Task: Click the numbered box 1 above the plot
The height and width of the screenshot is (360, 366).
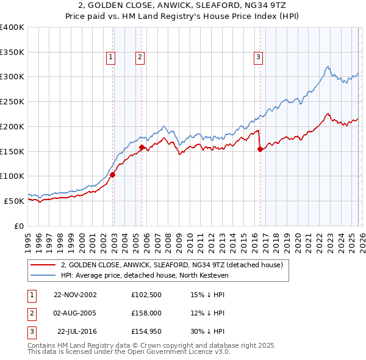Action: pyautogui.click(x=110, y=57)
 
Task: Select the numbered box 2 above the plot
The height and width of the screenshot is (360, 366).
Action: pyautogui.click(x=140, y=57)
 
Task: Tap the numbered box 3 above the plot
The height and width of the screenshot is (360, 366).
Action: pyautogui.click(x=258, y=57)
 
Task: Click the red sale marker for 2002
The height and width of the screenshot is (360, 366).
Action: pyautogui.click(x=113, y=175)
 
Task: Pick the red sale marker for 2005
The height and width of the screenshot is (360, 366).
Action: pyautogui.click(x=142, y=147)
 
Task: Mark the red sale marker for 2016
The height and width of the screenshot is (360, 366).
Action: pyautogui.click(x=260, y=148)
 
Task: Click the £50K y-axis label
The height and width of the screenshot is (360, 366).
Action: pyautogui.click(x=14, y=201)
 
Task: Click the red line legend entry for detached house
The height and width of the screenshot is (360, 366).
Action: pyautogui.click(x=171, y=265)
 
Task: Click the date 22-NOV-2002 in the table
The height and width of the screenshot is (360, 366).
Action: pyautogui.click(x=75, y=294)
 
